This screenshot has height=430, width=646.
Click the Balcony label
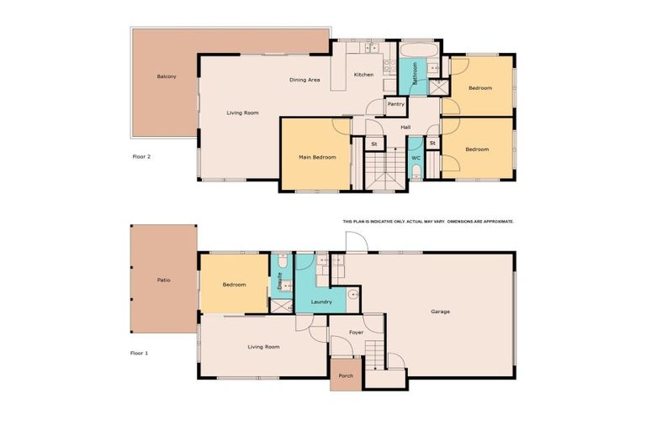(167, 77)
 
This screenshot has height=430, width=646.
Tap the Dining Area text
(304, 80)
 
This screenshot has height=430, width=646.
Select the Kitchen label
(363, 75)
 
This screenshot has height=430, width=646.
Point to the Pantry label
(396, 104)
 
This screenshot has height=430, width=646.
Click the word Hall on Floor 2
(405, 128)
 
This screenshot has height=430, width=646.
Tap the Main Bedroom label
(318, 157)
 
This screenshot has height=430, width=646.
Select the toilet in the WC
(416, 174)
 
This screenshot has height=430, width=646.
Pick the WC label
(416, 157)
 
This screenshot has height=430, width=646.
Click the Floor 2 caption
(141, 156)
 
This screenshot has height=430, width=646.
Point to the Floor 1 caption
(140, 354)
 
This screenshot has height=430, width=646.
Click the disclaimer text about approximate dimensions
(427, 221)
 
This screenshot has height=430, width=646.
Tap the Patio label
(164, 279)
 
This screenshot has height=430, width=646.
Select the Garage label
(440, 312)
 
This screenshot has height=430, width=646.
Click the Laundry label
(321, 302)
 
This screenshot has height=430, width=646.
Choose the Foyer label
(355, 333)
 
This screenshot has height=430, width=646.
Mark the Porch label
(346, 375)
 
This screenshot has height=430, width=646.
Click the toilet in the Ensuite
(283, 263)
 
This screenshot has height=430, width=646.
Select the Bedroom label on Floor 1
(234, 285)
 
